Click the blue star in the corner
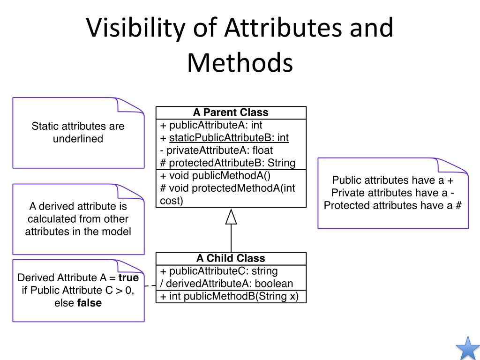[467, 348]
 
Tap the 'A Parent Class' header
[231, 112]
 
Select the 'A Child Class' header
[231, 258]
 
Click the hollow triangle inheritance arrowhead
[231, 217]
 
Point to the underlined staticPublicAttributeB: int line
[229, 138]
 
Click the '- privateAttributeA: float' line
[216, 150]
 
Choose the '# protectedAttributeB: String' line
[228, 163]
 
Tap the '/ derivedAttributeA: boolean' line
[226, 284]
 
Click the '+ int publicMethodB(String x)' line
[229, 296]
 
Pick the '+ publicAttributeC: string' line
[218, 271]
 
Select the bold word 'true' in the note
[128, 278]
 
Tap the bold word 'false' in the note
[90, 303]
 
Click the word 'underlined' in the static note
[78, 139]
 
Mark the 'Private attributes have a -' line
[393, 193]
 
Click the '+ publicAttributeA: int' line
[211, 125]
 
